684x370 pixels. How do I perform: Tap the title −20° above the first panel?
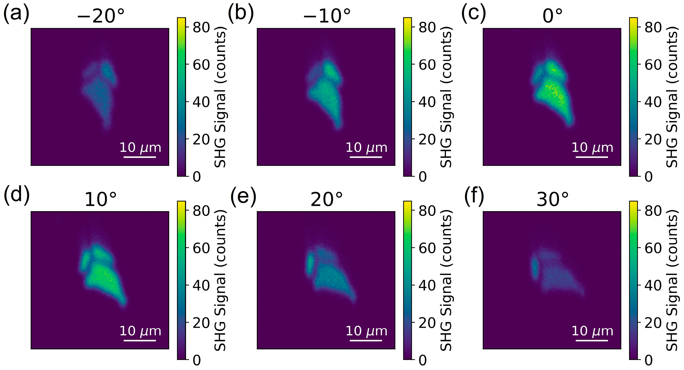[101, 16]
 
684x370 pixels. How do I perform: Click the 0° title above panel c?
[552, 16]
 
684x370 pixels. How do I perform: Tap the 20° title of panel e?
[327, 199]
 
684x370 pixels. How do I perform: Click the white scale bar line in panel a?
[140, 157]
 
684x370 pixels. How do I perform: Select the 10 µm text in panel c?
[592, 147]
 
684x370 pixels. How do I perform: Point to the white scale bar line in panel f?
[592, 341]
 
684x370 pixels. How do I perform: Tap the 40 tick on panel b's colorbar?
[427, 102]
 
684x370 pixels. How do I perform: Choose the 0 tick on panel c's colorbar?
[649, 177]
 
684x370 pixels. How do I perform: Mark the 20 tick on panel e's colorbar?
[427, 323]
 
